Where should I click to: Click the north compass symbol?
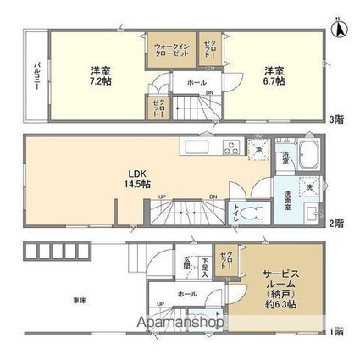pyautogui.click(x=338, y=27)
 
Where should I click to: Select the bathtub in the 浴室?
pyautogui.click(x=306, y=158)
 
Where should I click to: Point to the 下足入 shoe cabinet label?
pyautogui.click(x=204, y=266)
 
